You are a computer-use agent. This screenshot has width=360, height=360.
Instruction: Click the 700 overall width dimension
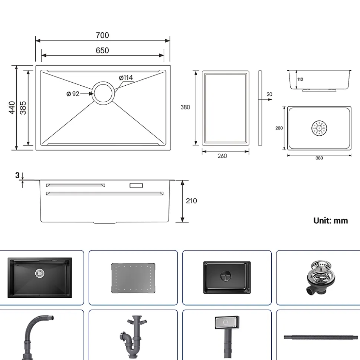102,36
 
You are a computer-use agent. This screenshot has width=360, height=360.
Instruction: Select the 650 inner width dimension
102,50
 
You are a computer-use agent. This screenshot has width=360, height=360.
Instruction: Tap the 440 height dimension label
12,108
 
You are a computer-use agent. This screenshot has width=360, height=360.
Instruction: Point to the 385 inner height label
23,108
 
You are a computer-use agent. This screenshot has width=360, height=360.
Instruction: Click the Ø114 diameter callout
126,78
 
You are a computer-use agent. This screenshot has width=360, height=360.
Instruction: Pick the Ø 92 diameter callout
73,94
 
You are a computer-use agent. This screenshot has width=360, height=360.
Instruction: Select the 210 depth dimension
191,201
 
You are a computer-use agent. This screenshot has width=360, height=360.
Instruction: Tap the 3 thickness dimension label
17,175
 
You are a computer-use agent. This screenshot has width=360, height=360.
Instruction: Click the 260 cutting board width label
222,156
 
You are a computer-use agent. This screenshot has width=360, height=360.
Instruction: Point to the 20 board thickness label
269,95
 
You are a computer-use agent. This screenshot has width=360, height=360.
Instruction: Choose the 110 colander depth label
300,79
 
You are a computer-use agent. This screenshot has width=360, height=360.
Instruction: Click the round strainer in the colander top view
319,128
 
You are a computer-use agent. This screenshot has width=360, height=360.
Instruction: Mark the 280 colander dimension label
279,128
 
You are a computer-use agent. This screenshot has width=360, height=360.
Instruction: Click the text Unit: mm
331,221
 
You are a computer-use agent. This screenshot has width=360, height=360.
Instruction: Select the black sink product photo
40,277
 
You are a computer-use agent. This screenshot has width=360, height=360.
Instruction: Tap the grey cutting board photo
132,278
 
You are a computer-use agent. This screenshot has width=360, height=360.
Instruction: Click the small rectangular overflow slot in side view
136,185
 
